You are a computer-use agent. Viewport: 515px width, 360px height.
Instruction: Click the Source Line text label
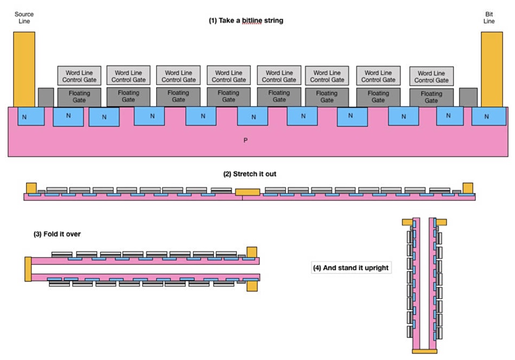24,17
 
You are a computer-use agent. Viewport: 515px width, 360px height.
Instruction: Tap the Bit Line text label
489,17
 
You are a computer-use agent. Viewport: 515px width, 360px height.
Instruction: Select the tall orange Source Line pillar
24,69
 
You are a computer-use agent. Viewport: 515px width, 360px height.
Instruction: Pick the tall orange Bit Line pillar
492,69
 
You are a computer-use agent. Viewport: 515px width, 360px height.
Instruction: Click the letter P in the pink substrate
246,140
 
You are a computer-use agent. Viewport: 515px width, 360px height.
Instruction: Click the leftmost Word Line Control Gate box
79,76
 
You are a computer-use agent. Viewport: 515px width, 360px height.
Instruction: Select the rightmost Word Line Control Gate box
432,76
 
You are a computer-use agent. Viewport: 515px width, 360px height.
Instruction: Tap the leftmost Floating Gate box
79,97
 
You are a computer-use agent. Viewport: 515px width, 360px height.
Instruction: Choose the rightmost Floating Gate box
432,97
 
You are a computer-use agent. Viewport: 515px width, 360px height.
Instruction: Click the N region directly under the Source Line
31,116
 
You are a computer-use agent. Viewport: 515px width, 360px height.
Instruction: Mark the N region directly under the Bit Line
489,116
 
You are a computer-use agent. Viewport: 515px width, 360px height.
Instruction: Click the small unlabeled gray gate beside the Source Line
46,97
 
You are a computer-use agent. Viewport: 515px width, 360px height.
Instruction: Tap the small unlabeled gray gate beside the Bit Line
468,97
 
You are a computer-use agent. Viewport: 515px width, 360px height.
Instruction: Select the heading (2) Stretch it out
249,173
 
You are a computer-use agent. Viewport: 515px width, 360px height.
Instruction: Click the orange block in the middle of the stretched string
248,192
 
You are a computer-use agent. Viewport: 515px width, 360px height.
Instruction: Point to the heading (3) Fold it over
57,234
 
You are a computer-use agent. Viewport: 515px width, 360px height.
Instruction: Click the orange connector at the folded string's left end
28,269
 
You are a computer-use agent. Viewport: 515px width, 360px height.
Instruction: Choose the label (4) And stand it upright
351,268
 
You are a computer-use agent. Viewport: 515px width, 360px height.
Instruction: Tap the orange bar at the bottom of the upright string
424,351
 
